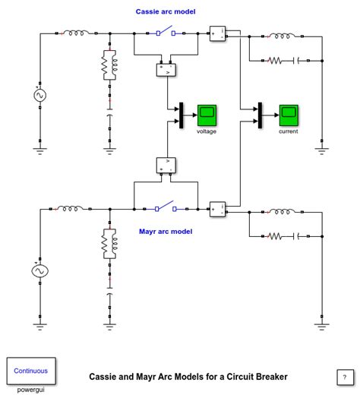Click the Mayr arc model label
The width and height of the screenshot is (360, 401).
[x=166, y=231]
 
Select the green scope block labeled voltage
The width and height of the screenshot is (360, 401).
[x=207, y=115]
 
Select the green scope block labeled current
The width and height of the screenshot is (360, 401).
[x=288, y=115]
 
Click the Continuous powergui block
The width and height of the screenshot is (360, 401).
[x=31, y=371]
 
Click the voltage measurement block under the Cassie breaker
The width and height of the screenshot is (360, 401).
[x=166, y=70]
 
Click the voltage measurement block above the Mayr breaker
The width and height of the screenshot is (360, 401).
[x=166, y=165]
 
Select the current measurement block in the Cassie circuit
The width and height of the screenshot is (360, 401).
[x=217, y=33]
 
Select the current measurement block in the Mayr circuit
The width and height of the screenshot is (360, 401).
[x=217, y=209]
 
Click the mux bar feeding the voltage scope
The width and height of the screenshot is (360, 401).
[x=181, y=115]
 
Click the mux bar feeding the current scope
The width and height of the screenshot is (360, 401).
[x=261, y=115]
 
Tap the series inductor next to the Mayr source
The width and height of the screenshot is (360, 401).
[x=71, y=208]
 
